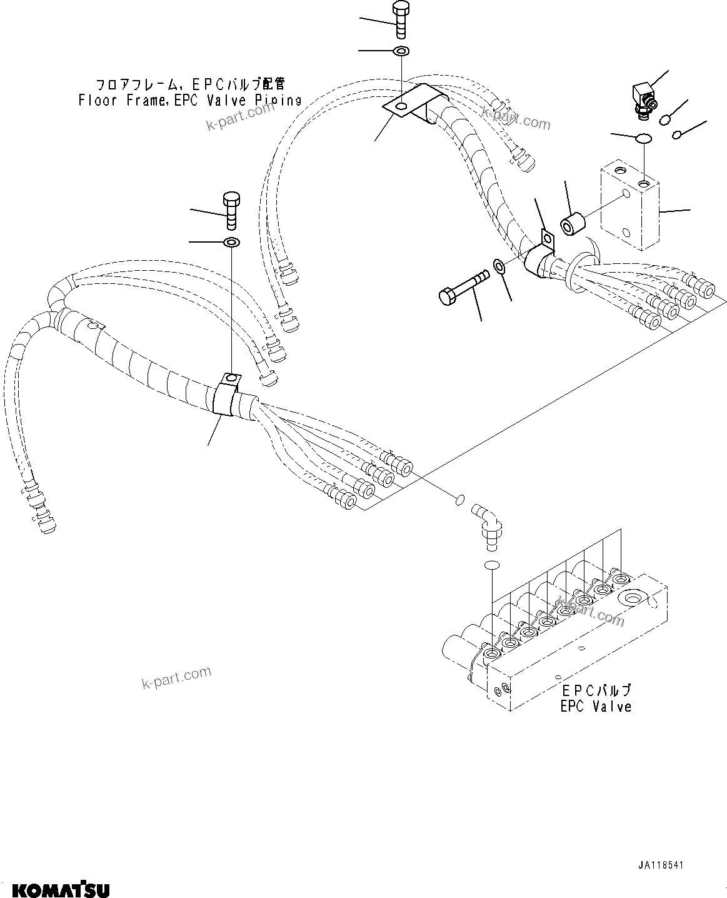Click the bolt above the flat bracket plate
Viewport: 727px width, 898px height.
400,21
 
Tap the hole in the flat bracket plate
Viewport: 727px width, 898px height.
399,107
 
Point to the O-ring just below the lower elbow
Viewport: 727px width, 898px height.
491,565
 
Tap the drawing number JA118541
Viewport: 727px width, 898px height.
661,866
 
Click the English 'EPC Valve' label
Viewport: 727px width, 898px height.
596,707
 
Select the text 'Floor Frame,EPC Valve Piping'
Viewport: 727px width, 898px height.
190,99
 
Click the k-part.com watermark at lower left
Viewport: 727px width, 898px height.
175,678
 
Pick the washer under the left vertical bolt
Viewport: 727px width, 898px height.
231,242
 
